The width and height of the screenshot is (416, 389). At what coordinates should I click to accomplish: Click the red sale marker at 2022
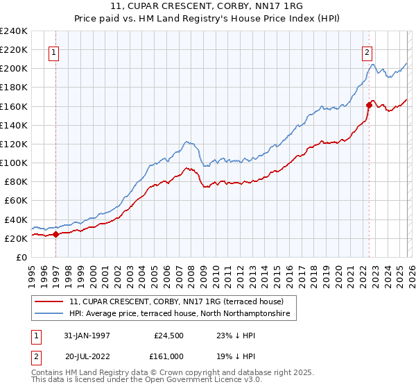369,105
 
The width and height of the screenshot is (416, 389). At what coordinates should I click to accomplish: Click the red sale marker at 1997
56,234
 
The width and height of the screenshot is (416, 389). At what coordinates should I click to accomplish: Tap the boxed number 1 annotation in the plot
54,51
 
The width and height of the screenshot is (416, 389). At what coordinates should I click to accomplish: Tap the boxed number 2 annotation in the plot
366,51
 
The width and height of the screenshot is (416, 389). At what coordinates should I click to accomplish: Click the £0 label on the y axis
21,257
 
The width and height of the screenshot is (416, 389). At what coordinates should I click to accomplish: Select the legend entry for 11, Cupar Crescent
176,302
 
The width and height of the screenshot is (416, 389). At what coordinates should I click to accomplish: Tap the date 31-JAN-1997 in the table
87,335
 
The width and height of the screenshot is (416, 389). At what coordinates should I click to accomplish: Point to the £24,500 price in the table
167,335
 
